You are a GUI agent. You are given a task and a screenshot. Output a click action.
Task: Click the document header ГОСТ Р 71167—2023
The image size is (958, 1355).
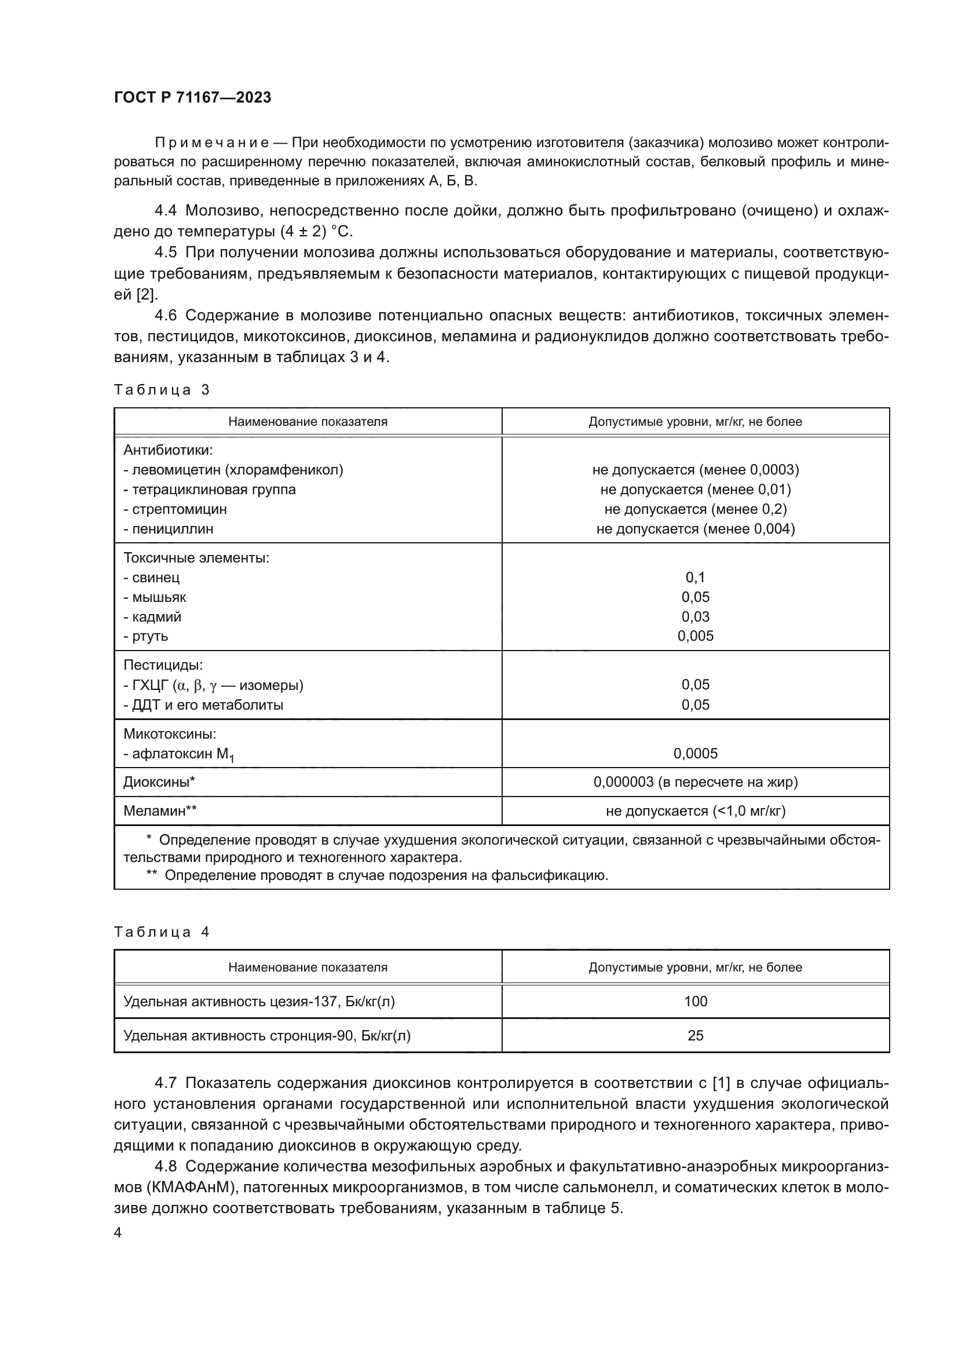click(x=192, y=97)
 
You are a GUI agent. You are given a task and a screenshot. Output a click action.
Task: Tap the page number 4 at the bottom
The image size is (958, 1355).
click(x=118, y=1233)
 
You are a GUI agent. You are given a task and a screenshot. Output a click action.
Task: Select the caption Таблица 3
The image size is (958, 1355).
click(x=162, y=389)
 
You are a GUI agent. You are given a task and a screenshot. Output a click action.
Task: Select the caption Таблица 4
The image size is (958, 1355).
click(x=162, y=932)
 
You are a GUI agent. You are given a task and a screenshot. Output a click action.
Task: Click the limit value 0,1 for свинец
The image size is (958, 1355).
click(x=695, y=577)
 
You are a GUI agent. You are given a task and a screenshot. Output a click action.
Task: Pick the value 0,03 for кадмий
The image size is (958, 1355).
click(x=695, y=617)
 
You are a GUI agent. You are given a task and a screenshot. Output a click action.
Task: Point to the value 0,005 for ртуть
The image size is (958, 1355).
click(x=695, y=636)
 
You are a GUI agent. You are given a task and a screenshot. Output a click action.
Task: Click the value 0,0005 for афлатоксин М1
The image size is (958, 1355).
click(x=695, y=754)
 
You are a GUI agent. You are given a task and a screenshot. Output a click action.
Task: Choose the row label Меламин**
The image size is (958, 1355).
click(x=160, y=811)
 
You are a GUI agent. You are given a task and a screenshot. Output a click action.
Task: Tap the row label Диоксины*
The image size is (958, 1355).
click(x=159, y=782)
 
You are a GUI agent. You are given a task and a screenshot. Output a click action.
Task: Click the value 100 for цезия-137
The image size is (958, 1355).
click(x=695, y=1002)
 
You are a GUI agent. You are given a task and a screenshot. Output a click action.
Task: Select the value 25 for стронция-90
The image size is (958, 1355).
click(x=695, y=1036)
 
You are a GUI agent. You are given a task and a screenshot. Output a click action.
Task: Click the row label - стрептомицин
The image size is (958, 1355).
click(x=174, y=509)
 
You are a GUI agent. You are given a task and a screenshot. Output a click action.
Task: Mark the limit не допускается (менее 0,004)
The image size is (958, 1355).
click(x=695, y=529)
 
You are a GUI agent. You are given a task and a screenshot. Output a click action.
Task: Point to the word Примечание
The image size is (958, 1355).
click(x=212, y=143)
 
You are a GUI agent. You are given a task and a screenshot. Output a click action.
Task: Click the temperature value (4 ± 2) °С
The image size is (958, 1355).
click(x=316, y=231)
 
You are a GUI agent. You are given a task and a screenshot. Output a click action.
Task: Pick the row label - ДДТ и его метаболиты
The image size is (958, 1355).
click(x=203, y=705)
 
